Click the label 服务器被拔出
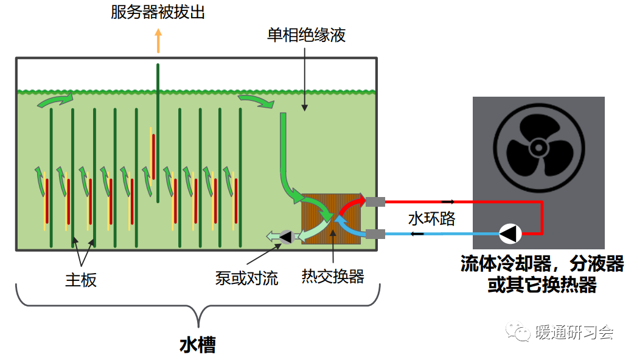point(158,12)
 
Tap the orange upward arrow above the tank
point(158,41)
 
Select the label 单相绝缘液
point(306,35)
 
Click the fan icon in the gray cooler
point(538,147)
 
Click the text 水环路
point(431,218)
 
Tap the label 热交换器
point(333,277)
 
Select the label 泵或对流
point(246,279)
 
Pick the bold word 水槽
point(198,345)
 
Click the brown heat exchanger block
point(332,219)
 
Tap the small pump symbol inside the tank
point(284,235)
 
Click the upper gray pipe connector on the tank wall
point(374,201)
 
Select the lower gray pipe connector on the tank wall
point(374,234)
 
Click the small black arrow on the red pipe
point(448,201)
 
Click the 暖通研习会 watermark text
point(574,333)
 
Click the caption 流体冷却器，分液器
point(542,265)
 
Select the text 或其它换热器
point(542,285)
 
